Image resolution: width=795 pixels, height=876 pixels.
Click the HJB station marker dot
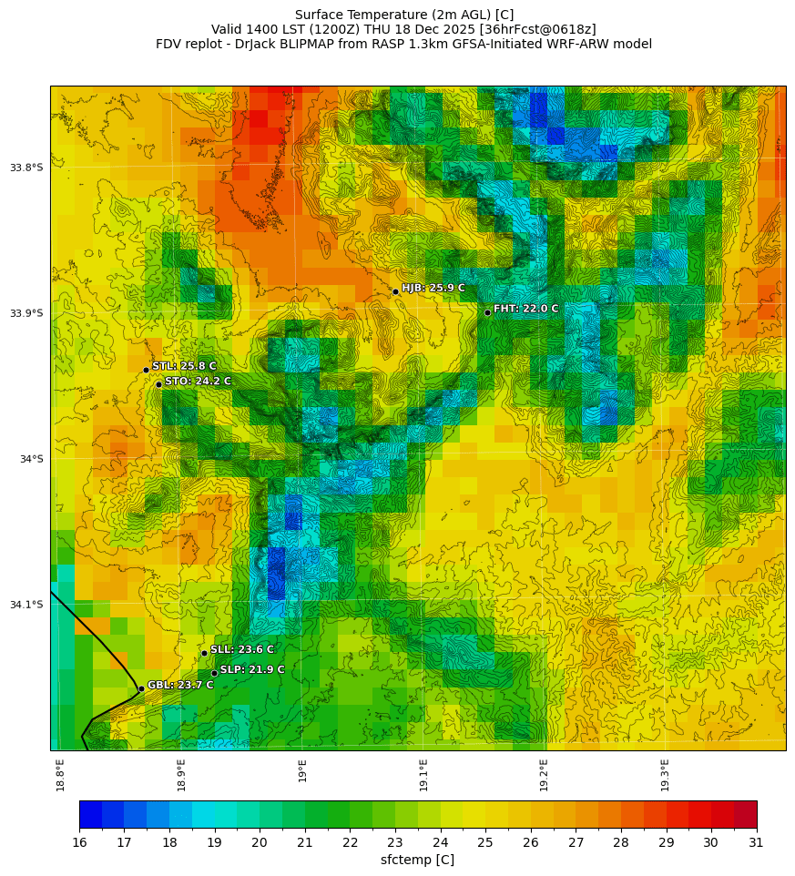pos(395,291)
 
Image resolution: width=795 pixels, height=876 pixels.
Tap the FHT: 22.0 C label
pos(525,309)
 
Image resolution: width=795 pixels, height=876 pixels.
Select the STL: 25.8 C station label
pos(184,366)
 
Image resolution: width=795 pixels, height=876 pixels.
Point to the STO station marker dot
pos(158,384)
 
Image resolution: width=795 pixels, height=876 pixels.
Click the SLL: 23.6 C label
pos(241,649)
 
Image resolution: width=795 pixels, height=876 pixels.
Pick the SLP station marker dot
pos(214,673)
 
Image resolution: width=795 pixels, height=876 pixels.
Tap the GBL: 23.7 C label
pos(180,685)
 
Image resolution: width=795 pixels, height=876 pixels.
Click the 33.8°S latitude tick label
pos(26,168)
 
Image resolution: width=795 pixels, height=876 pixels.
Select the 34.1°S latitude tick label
pos(26,605)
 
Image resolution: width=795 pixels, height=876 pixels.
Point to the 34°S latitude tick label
pos(31,459)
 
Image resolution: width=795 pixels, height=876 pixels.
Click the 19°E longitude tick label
pos(302,770)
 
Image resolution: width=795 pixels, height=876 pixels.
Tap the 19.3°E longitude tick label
pos(665,770)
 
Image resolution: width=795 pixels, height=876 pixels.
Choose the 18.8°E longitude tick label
pos(60,774)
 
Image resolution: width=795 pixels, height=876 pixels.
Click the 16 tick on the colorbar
pos(79,842)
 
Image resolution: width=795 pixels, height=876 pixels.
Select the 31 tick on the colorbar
pos(756,842)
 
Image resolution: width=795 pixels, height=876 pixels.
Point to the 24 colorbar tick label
pos(440,842)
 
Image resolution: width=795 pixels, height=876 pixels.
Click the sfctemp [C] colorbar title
pos(417,860)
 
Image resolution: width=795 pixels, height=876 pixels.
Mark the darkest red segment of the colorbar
pos(745,814)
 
